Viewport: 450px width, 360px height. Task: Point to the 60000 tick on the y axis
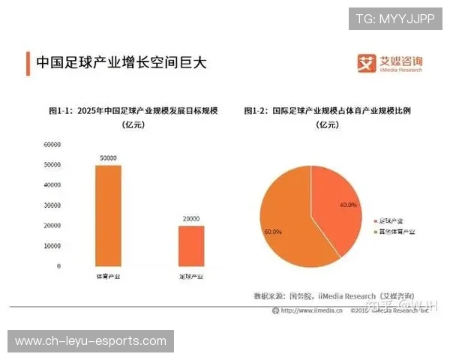51,144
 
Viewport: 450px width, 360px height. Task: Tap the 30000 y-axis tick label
51,205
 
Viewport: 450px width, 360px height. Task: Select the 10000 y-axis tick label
51,246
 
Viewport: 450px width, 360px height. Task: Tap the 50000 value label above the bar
107,157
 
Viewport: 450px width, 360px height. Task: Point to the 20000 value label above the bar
191,219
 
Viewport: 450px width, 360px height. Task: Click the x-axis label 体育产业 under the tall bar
107,277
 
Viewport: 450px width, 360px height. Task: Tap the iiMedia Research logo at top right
390,62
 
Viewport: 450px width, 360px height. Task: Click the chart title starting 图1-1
132,111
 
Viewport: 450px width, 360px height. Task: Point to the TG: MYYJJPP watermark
395,19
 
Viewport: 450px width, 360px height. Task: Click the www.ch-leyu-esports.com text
90,341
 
